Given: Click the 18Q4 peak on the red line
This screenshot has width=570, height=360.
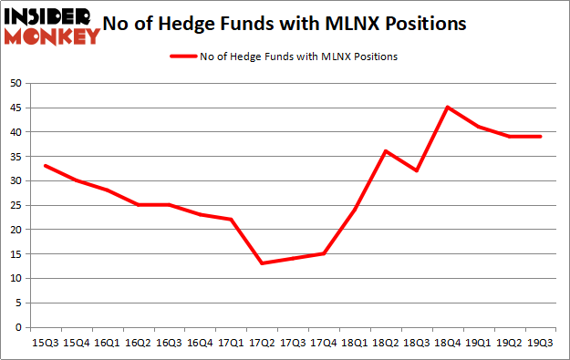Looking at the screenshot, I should [x=448, y=108].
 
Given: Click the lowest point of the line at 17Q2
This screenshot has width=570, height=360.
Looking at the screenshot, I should [x=262, y=263].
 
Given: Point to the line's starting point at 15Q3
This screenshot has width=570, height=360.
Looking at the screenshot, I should [x=45, y=166].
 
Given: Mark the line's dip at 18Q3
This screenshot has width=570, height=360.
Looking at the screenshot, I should [x=417, y=170].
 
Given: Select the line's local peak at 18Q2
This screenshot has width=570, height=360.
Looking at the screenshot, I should [x=386, y=151].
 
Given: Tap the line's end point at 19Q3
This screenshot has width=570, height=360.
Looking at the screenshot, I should [x=541, y=137].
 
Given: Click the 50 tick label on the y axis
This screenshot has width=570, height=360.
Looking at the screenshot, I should [x=16, y=83].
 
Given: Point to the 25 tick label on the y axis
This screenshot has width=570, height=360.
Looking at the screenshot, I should [x=16, y=205].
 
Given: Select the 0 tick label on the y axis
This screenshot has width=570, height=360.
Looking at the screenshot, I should [x=18, y=327].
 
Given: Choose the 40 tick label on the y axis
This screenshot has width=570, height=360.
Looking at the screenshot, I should [x=16, y=132].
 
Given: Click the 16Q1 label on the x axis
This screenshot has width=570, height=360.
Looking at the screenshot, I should [x=107, y=344].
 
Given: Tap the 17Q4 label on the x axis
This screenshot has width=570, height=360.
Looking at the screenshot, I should [x=324, y=344].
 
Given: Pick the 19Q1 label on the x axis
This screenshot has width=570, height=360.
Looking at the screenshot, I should [x=479, y=344].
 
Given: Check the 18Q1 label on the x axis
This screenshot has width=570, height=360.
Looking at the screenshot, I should [x=355, y=344].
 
